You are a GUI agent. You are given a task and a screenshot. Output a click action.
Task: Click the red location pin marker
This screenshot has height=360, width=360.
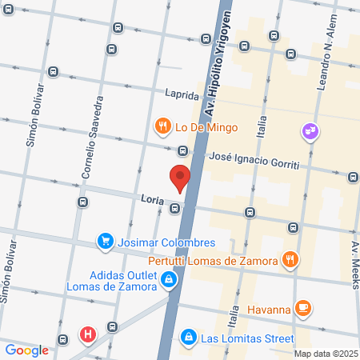pos(179,177)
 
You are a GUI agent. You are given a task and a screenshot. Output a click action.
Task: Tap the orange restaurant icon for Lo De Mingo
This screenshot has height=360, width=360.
pos(162,126)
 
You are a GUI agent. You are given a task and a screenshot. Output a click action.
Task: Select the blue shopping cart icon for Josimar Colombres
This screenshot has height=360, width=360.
pos(104,241)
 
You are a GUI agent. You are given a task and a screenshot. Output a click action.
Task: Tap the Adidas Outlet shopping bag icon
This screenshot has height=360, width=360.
pos(169,279)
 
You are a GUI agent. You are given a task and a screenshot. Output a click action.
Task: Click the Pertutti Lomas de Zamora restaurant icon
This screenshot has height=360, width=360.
pos(290,259)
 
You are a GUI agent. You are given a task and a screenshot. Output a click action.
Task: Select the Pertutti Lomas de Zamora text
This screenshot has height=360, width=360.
pos(212,260)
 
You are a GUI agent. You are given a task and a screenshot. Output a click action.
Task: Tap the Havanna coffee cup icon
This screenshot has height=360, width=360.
pos(302,306)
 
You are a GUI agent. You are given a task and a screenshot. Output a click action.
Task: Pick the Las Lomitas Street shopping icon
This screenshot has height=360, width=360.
pos(188,337)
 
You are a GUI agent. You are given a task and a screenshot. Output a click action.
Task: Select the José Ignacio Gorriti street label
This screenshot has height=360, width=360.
pos(253,158)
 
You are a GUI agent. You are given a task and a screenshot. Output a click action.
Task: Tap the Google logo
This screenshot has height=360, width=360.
pos(26,350)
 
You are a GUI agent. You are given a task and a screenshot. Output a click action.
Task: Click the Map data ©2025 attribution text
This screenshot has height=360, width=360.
pos(325,353)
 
